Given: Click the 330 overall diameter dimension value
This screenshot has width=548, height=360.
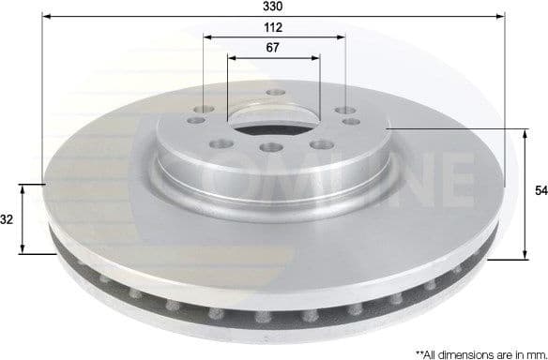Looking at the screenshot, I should coord(274,7).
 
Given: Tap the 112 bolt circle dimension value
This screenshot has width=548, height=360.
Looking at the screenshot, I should coord(274,28).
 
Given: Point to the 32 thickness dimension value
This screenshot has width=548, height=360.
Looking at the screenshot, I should coord(8,219).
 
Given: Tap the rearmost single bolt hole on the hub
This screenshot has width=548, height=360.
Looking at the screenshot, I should coord(275,93).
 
